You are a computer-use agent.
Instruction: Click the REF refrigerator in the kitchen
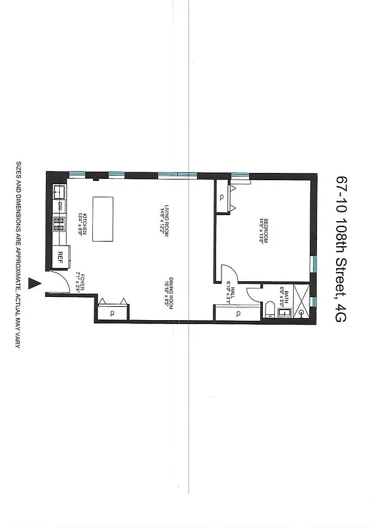click(x=60, y=255)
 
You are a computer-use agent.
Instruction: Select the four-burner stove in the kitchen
click(x=59, y=225)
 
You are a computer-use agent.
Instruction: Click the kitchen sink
click(x=58, y=192)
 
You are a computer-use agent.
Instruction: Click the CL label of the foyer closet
click(x=112, y=313)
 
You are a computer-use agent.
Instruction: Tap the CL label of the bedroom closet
click(x=221, y=197)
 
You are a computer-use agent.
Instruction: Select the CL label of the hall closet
click(x=237, y=313)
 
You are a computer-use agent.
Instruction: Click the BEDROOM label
click(x=263, y=232)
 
